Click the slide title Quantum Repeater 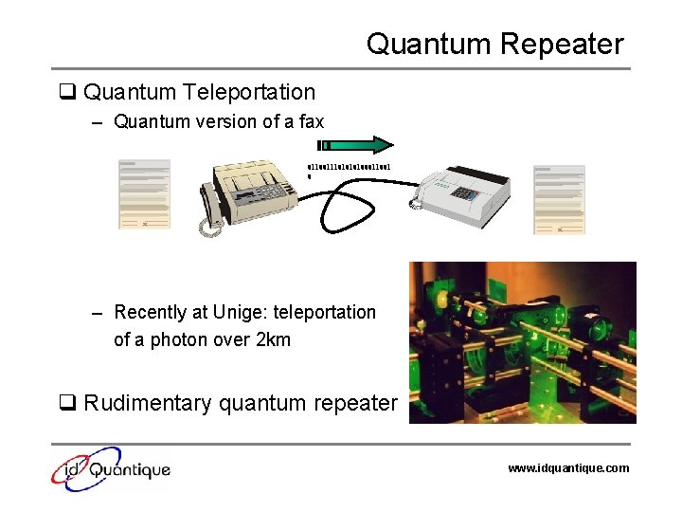494,44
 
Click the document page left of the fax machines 144,194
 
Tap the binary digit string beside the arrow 348,168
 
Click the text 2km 273,338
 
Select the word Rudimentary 148,403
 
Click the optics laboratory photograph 522,342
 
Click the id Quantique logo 112,467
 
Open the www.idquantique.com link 567,467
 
